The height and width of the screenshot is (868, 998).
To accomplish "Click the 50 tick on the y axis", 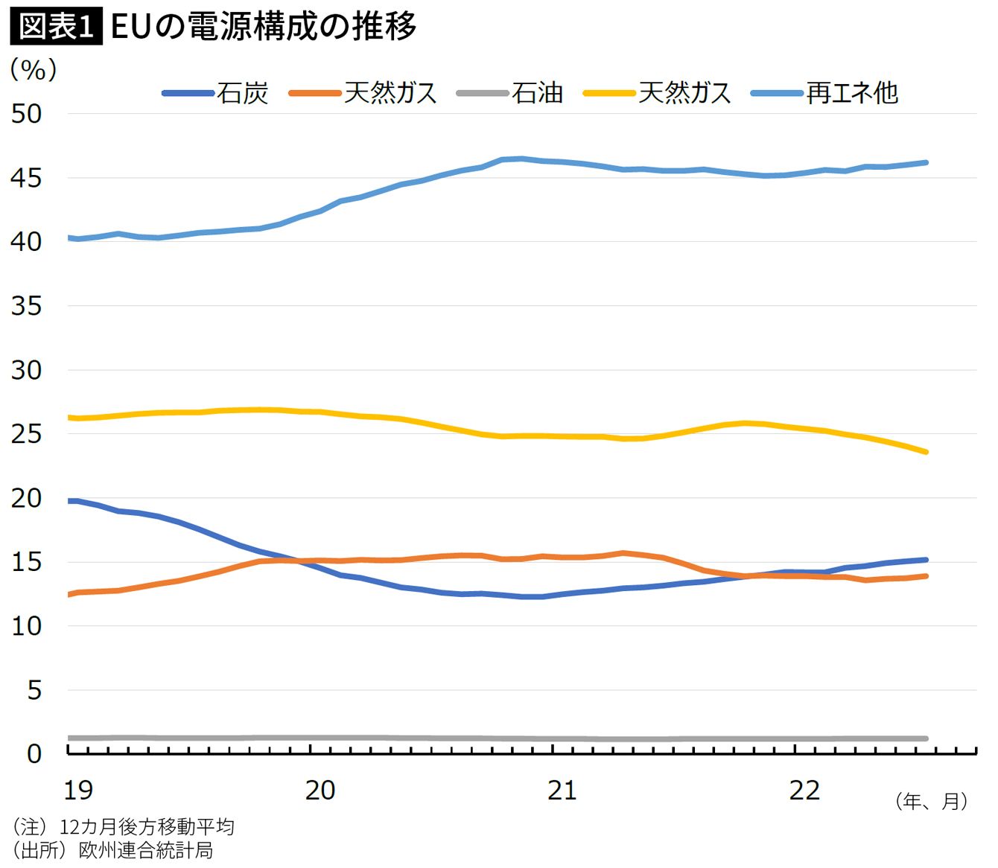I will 26,114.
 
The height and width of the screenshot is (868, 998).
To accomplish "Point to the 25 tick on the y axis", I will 26,434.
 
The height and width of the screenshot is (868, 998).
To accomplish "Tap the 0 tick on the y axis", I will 34,754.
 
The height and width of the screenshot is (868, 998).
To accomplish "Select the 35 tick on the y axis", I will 26,306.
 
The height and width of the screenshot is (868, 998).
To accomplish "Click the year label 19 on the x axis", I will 78,790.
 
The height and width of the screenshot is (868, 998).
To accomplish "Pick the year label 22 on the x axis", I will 804,790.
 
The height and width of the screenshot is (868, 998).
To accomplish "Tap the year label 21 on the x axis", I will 562,790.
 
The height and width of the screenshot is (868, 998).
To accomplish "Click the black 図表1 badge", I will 56,27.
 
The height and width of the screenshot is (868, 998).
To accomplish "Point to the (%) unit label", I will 34,69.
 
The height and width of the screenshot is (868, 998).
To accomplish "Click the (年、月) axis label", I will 932,801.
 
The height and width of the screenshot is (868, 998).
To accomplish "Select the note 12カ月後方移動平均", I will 146,826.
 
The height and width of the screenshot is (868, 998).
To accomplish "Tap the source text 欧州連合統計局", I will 145,849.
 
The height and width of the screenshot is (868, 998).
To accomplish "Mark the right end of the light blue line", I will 926,162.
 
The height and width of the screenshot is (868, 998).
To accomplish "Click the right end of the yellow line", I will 926,452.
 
